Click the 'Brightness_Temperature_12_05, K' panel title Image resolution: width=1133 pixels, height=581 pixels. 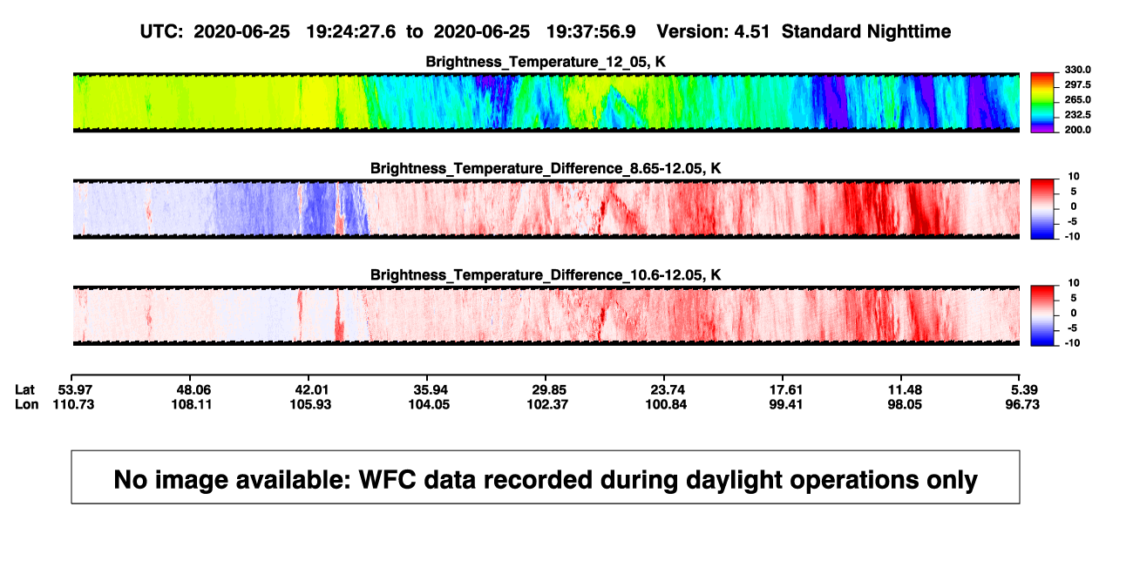(546, 62)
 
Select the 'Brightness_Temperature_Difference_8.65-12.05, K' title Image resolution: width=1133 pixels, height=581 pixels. (546, 168)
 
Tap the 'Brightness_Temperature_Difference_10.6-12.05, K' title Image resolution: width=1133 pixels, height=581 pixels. (546, 275)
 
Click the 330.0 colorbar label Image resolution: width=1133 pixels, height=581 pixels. (1077, 70)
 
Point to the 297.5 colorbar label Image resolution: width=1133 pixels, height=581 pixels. (1077, 85)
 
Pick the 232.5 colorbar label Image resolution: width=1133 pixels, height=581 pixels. (1077, 115)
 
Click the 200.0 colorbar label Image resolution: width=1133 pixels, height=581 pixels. (1077, 130)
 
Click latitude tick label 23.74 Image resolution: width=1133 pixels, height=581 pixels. (667, 390)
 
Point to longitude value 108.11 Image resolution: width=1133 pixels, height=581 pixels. (191, 404)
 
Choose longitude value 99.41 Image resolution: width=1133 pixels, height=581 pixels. (785, 404)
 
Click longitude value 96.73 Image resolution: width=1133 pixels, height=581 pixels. (1022, 404)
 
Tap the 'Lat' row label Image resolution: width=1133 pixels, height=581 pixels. (24, 390)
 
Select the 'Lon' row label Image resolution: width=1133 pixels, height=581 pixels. (26, 404)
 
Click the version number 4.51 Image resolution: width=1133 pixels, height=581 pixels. (751, 32)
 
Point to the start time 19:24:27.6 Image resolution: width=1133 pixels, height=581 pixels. (351, 32)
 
